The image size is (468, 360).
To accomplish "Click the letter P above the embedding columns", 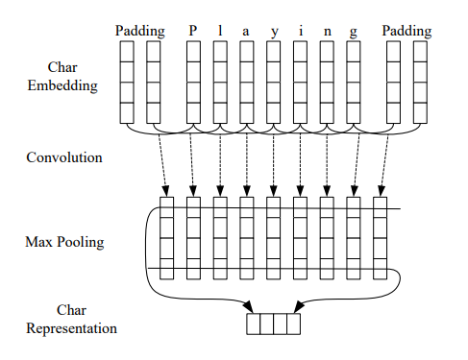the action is [x=192, y=31].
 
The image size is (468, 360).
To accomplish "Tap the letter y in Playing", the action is [x=274, y=33].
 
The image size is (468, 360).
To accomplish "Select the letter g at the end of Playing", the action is [x=353, y=33].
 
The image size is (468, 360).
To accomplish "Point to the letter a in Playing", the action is [x=246, y=32].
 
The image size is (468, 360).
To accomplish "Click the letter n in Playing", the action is [x=327, y=32].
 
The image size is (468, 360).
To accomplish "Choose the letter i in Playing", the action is [x=301, y=31].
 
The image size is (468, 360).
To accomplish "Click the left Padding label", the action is [x=140, y=32].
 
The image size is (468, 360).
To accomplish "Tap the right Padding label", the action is [x=406, y=32].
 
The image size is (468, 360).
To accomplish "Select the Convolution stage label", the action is [x=64, y=157].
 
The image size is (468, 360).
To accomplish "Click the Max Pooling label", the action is [x=64, y=242].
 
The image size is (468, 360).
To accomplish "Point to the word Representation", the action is [x=71, y=328].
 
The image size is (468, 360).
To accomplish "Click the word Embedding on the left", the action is [x=62, y=85].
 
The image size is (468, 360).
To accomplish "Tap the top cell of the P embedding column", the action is [x=193, y=52].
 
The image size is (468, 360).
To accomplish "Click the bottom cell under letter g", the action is [x=354, y=113].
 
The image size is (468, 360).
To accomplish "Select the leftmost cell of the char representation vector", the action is [x=254, y=324].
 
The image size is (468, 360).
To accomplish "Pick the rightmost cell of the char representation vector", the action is [x=294, y=324].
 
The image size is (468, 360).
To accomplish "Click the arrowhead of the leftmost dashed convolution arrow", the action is [x=165, y=191].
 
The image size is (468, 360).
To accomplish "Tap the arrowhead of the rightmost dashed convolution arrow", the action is [x=381, y=191].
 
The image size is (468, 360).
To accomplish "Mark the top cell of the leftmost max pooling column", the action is [x=166, y=207].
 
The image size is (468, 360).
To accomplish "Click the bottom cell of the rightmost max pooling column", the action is [x=381, y=269].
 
